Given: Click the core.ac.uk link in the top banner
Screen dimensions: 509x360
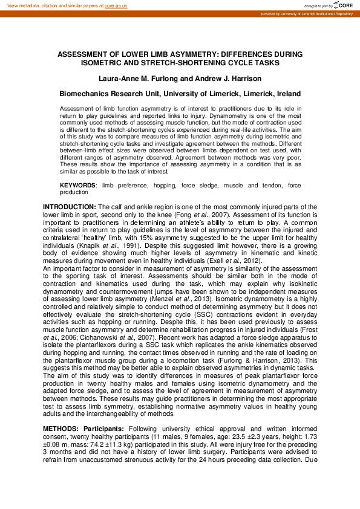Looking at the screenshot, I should point(116,5).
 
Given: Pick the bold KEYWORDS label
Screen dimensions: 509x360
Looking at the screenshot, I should point(77,184).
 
